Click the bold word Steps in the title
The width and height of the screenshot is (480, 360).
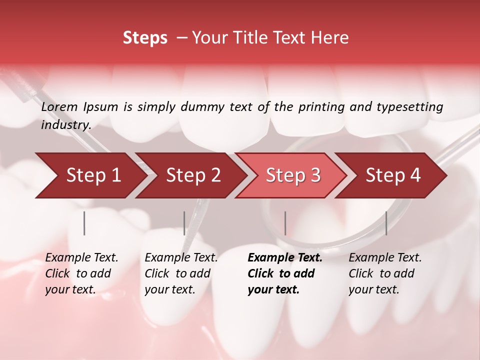145,37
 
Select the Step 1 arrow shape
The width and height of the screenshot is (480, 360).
93,175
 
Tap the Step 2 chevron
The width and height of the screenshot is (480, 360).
193,175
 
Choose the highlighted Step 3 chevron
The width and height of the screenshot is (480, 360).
293,175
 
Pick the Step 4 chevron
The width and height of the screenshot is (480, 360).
393,175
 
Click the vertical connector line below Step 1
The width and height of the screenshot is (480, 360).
84,223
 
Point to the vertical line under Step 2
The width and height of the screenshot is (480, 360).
184,223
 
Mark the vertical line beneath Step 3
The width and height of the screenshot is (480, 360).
285,223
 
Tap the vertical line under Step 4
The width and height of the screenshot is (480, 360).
386,223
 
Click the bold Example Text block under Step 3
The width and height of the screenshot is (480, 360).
285,273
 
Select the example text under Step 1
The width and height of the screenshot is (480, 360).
81,273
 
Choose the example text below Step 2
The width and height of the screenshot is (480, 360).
181,273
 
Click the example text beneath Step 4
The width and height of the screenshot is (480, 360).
385,273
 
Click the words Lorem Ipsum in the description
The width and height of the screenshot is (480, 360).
79,106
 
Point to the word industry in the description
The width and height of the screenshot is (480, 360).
65,125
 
